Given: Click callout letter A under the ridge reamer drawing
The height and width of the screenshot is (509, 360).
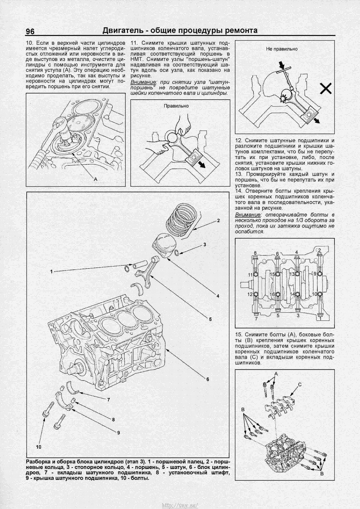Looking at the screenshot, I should point(96,179).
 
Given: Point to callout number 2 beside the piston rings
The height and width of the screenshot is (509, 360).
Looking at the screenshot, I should point(218,220).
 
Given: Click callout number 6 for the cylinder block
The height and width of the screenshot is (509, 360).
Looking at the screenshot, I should point(207,379).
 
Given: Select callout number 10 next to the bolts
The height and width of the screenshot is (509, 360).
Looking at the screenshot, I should point(38,447).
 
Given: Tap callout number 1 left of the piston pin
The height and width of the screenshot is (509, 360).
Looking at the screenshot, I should point(51,272).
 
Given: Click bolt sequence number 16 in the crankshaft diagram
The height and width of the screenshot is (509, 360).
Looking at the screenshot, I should point(272,294).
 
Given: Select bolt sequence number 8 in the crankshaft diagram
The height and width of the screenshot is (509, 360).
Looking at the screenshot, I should point(255,253).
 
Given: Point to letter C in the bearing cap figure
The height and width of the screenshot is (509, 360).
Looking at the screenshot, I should point(299,384).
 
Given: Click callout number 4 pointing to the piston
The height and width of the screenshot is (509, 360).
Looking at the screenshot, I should point(218,296).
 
